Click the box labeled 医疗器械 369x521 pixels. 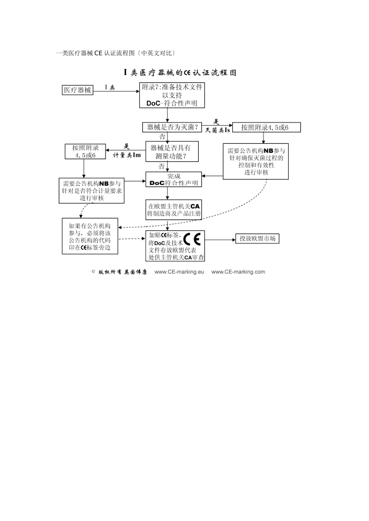pos(78,90)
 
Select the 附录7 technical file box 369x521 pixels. pos(172,95)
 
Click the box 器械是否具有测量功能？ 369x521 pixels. pos(172,152)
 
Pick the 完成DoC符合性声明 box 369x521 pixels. pos(174,179)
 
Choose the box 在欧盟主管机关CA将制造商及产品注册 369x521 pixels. pos(174,210)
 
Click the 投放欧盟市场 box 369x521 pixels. pos(257,239)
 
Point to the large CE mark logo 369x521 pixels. pos(192,240)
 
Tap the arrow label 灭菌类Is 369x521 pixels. pos(218,130)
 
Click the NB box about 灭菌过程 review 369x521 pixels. pos(256,161)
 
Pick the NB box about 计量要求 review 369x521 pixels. pos(92,190)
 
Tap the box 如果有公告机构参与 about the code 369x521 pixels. pos(90,236)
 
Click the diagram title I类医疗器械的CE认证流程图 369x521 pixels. pos(180,72)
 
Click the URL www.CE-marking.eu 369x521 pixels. pos(179,272)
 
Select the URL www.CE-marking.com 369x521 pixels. pos(238,272)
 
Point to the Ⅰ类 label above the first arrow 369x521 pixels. pos(110,88)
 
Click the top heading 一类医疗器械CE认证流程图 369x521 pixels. pos(115,53)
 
